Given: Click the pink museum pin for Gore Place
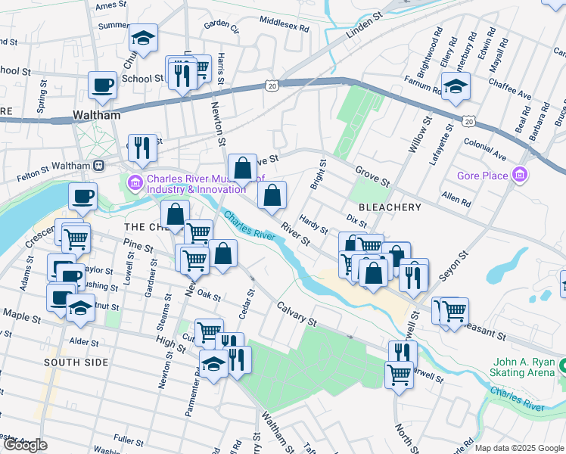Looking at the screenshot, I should tap(519, 176).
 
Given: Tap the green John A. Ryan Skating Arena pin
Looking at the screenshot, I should tap(563, 368).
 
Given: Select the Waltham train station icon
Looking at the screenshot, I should tap(98, 165).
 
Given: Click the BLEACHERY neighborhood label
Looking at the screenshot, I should tap(390, 207).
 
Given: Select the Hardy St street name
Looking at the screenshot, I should tap(313, 224).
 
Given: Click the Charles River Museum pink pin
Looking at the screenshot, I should tap(135, 182).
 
